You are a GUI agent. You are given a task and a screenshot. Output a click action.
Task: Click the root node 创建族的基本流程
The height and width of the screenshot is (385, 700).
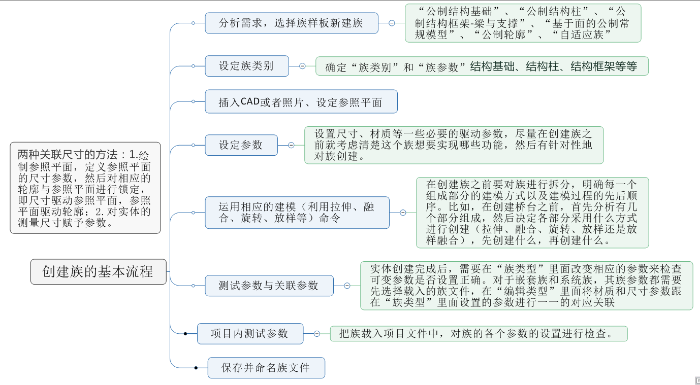point(98,272)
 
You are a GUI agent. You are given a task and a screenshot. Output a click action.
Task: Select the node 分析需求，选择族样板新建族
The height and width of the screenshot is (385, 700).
point(291,23)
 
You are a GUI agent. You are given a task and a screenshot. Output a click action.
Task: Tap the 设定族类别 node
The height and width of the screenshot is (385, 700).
point(246,66)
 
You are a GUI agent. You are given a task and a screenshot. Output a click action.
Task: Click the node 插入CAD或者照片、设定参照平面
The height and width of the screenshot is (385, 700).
point(301,102)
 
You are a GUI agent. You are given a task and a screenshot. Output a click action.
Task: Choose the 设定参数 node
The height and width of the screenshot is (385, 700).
point(241,145)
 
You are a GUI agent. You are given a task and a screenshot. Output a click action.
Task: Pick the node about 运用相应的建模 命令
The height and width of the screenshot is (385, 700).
point(297,213)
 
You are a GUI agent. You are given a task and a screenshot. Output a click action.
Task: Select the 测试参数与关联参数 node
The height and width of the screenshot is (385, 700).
point(269,286)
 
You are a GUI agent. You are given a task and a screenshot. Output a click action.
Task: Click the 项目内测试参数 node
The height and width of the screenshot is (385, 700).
point(250,334)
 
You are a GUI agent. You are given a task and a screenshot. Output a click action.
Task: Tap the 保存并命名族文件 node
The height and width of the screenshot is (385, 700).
point(266,368)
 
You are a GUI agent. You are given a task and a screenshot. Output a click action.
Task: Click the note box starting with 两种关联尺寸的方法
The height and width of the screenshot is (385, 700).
point(85,188)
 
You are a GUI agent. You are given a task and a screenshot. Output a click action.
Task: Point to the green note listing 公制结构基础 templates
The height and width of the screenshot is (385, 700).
point(523,23)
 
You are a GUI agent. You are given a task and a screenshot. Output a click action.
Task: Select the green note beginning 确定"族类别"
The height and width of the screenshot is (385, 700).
point(482,66)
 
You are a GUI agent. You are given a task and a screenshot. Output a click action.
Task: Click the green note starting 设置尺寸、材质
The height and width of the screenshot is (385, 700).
point(454,145)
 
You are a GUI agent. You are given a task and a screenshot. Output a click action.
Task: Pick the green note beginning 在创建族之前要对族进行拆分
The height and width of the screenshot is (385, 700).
point(532,213)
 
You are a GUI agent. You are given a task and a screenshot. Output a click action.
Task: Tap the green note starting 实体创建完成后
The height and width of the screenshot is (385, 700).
point(526,286)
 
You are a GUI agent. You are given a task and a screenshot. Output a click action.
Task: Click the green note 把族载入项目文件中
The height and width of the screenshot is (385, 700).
point(479,334)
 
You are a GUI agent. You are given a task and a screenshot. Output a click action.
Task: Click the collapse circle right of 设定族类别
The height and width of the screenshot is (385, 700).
point(302,66)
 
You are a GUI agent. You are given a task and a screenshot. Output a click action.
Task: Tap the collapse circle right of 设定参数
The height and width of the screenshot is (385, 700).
point(291,145)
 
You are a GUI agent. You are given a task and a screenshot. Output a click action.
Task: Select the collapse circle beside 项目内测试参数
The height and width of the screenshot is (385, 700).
point(316,334)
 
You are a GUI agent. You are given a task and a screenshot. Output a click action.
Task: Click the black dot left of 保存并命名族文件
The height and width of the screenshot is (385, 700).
point(196,368)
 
